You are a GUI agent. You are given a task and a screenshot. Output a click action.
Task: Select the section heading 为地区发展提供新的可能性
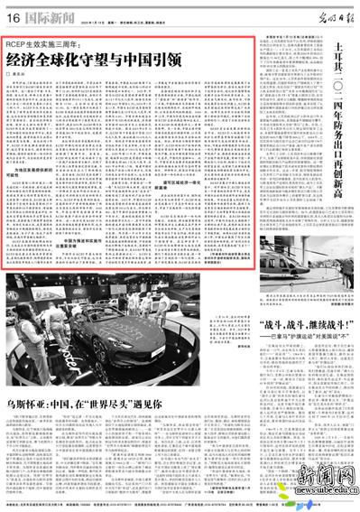point(30,174)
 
